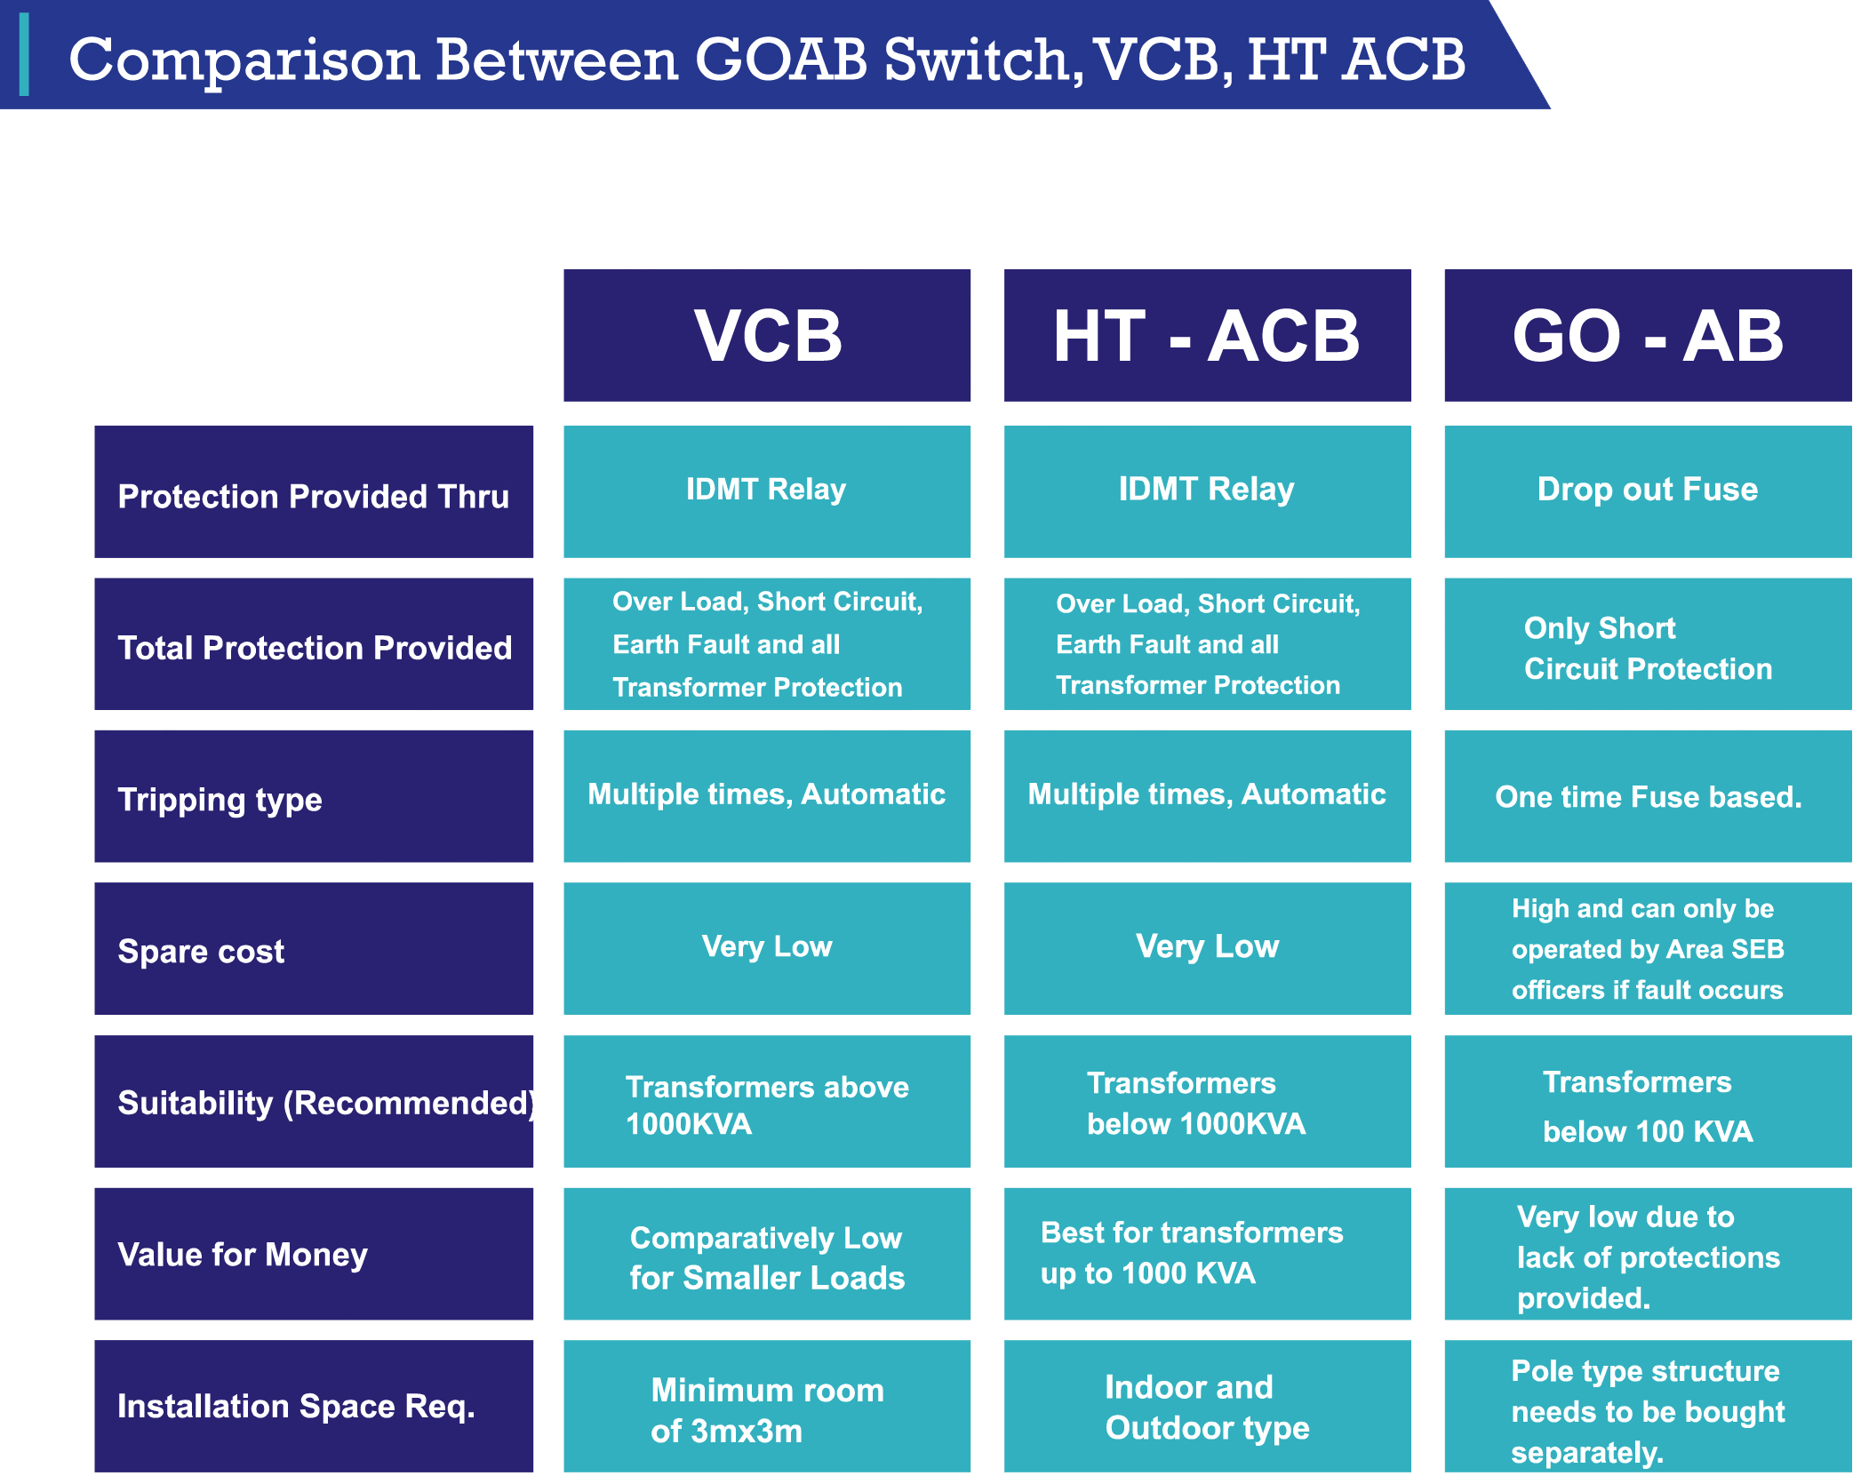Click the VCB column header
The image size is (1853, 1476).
coord(766,335)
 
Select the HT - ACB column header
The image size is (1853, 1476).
coord(1206,335)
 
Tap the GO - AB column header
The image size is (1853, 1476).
coord(1647,335)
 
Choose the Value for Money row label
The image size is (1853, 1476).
coord(313,1253)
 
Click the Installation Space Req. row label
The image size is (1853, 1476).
coord(313,1405)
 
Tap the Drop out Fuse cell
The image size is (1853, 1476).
coord(1647,491)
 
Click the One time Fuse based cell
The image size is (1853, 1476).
coord(1647,796)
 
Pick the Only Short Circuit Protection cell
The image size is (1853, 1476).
coord(1647,646)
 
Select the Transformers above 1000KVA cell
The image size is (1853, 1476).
coord(766,1102)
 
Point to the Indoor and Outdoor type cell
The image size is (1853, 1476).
coord(1206,1407)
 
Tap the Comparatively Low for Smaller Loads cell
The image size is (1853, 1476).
coord(766,1255)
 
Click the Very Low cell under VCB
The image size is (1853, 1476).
coord(766,947)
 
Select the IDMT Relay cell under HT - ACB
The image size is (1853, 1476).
coord(1206,491)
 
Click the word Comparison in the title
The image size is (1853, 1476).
coord(244,60)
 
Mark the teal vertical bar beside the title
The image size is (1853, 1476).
coord(24,54)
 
